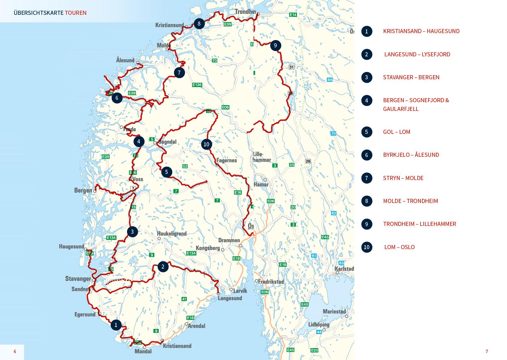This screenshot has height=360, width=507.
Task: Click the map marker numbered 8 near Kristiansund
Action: [199, 24]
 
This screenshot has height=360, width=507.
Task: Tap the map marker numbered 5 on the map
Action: [166, 172]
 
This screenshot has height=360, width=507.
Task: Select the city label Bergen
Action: [83, 190]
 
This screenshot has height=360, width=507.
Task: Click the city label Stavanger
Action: [78, 279]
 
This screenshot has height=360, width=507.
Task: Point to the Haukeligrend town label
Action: [172, 233]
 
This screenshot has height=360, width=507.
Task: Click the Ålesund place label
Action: [125, 60]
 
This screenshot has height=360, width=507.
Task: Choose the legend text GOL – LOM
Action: [396, 132]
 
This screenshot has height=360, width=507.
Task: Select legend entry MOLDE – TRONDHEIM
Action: [410, 201]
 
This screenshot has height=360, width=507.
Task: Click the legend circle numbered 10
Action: [367, 247]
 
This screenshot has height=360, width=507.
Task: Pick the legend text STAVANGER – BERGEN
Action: [411, 77]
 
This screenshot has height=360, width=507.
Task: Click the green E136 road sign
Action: [197, 85]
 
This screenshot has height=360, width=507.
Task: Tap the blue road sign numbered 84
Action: [329, 80]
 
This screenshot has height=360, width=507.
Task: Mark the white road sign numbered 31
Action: [291, 67]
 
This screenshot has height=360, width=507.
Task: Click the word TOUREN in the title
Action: [76, 13]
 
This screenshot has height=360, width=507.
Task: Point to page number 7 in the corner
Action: [487, 351]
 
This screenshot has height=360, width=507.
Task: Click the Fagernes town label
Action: [227, 160]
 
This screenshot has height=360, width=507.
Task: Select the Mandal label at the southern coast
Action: [143, 351]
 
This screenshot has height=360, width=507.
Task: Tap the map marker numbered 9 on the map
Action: [275, 45]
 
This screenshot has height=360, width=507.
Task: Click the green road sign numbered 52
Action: [185, 166]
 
